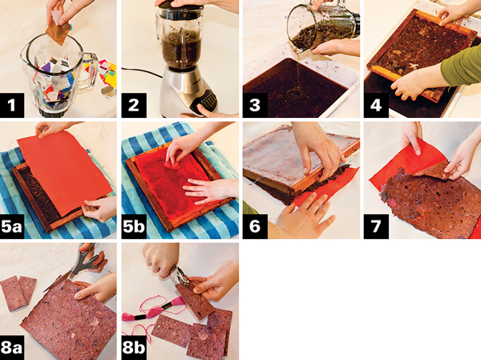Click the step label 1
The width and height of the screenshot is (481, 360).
[x=12, y=105]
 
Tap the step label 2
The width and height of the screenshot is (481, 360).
[x=133, y=105]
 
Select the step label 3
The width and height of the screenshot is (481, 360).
[x=255, y=105]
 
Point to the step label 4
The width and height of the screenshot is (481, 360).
[x=376, y=105]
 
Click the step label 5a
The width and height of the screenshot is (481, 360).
[x=12, y=226]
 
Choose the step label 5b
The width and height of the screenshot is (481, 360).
[x=133, y=226]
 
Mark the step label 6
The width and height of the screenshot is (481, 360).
[x=255, y=226]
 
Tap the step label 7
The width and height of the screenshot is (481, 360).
[x=376, y=226]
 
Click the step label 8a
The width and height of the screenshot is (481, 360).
[x=12, y=348]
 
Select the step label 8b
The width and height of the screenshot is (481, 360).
[x=133, y=348]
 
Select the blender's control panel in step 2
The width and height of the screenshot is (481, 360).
[x=204, y=101]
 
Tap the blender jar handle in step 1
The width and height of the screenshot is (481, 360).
[x=90, y=71]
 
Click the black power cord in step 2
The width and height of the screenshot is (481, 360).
[x=142, y=72]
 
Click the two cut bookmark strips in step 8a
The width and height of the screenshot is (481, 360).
[x=18, y=293]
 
